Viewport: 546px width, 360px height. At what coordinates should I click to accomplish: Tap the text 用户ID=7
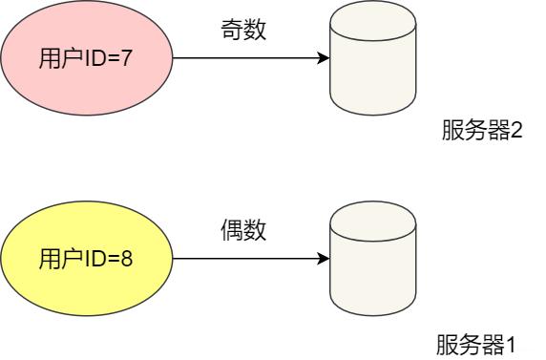pos(86,59)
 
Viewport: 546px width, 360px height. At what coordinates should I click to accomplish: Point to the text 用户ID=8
pos(86,258)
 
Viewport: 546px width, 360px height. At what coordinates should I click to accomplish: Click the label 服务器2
pos(481,131)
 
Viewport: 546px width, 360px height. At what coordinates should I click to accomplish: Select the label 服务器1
pos(476,344)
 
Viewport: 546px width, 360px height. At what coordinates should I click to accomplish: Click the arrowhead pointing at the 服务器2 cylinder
pos(324,58)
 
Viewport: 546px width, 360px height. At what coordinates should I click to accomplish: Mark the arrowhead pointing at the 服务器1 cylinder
pos(324,258)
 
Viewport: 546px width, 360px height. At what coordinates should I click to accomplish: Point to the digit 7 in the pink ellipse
pos(127,59)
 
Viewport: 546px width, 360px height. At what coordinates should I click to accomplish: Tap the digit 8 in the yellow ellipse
pos(127,258)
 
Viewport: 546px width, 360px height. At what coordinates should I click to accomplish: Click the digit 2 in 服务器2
pos(516,131)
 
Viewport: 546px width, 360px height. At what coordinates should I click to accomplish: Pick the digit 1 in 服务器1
pos(511,344)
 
